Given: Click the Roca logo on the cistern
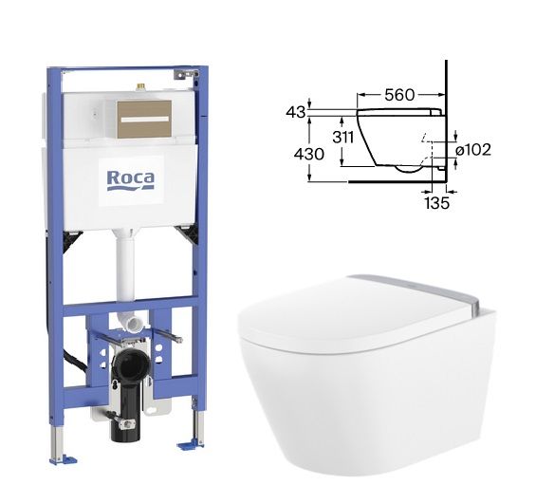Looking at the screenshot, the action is (131, 180).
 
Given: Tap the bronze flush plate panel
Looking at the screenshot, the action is (144, 119).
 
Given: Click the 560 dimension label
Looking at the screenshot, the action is (399, 95).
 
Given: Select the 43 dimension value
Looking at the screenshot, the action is (295, 112).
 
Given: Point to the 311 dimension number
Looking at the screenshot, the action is (342, 137).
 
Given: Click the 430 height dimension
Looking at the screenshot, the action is (309, 154).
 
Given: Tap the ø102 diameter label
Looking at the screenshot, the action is (473, 150).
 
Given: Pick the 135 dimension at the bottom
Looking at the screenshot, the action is (436, 203).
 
